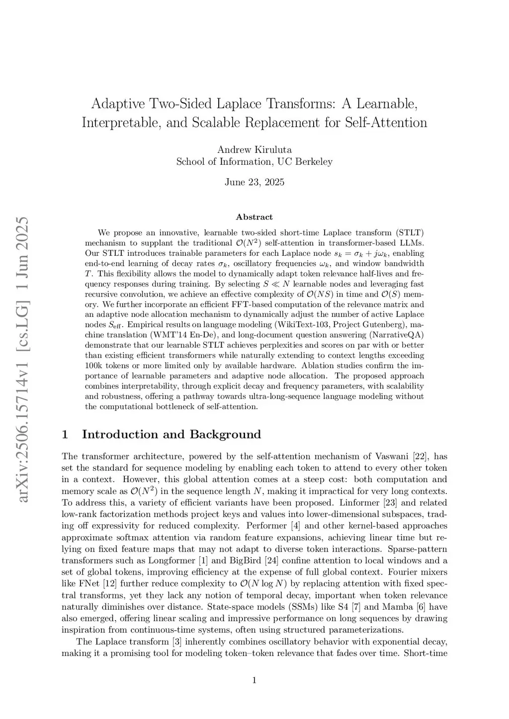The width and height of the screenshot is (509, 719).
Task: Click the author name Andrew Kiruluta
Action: pyautogui.click(x=254, y=149)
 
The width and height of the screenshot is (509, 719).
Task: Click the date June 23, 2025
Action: pyautogui.click(x=254, y=182)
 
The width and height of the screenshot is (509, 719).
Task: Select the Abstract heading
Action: pyautogui.click(x=254, y=217)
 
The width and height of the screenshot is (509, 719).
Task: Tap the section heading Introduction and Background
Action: pyautogui.click(x=171, y=434)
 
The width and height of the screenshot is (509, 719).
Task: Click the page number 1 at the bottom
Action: pyautogui.click(x=254, y=680)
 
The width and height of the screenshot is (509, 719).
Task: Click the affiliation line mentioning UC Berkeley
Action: pyautogui.click(x=254, y=161)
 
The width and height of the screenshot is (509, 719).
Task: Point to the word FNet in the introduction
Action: pyautogui.click(x=88, y=583)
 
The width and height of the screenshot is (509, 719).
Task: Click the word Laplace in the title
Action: pyautogui.click(x=240, y=104)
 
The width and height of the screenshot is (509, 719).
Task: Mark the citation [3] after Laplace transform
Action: pyautogui.click(x=176, y=642)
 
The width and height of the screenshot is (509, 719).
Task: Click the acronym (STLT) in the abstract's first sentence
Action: pyautogui.click(x=410, y=232)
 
